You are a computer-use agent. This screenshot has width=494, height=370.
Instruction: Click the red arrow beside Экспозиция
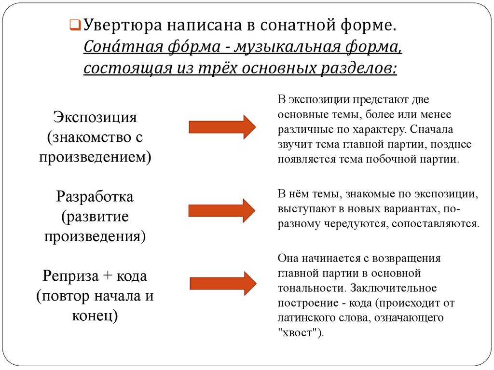pyautogui.click(x=222, y=127)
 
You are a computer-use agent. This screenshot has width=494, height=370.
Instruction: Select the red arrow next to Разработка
pyautogui.click(x=222, y=210)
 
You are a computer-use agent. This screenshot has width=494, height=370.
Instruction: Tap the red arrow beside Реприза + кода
pyautogui.click(x=222, y=283)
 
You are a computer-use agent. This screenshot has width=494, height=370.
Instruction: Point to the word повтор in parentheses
pyautogui.click(x=66, y=296)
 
